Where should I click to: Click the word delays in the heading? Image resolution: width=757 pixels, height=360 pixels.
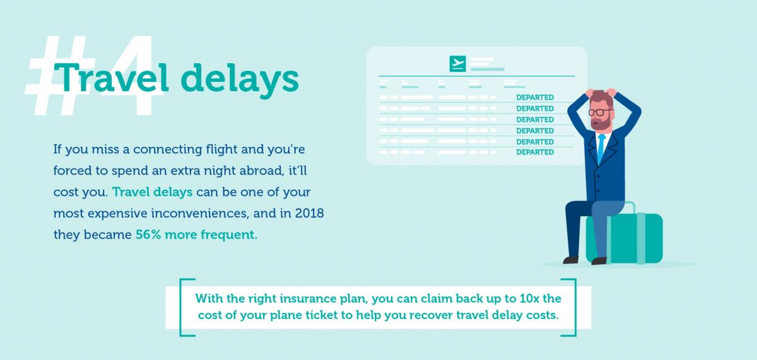coord(240,79)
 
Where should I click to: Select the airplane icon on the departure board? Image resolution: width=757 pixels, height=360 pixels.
coord(457,64)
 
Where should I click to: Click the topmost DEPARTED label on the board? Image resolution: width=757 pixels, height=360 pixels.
coord(535,98)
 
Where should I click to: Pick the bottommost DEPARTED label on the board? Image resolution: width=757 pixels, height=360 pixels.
coord(535,152)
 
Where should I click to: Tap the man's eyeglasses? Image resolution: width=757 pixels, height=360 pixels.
coord(599,112)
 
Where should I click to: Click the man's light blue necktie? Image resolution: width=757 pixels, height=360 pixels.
coord(601,147)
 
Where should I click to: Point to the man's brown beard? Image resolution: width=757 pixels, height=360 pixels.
coord(601,124)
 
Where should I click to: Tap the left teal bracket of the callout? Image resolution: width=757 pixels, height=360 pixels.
coord(183,307)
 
